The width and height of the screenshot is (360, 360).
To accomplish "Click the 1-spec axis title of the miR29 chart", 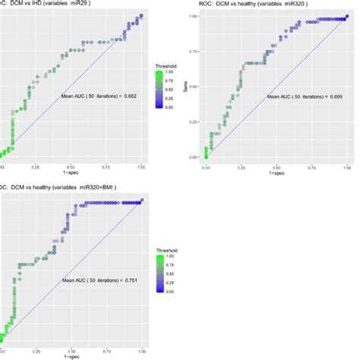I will [71, 172].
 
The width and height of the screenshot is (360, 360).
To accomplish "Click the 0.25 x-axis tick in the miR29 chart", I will [36, 165].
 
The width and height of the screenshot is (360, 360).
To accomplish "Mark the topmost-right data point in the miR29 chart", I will [141, 15].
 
